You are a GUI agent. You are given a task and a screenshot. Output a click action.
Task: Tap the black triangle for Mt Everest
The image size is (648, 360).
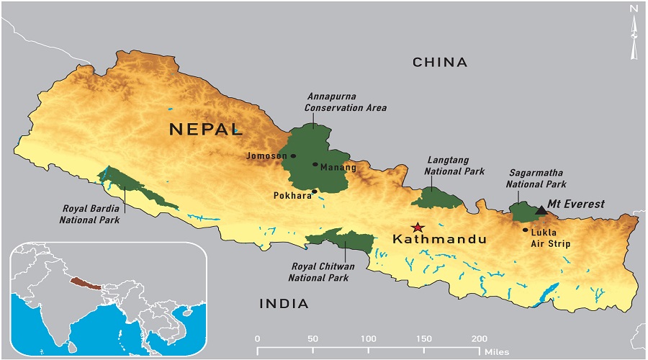(x=541, y=210)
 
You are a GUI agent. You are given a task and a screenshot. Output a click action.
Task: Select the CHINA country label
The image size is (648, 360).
(x=439, y=63)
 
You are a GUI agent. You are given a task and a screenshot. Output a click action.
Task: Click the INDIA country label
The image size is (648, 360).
(x=284, y=304)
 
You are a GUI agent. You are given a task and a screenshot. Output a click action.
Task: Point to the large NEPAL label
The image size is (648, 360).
(x=205, y=130)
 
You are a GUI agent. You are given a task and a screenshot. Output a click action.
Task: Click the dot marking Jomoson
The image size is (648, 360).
(x=293, y=156)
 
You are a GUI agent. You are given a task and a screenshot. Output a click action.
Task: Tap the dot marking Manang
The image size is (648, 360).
(x=315, y=164)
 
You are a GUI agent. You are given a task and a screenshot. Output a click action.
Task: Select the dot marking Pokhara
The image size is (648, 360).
(x=315, y=192)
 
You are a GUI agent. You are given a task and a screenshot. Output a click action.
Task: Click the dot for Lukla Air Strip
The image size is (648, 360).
(x=525, y=230)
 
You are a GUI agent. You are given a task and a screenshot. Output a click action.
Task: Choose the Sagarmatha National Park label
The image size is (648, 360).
(x=537, y=179)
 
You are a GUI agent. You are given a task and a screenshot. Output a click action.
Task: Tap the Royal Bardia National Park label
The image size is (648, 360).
(x=90, y=215)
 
